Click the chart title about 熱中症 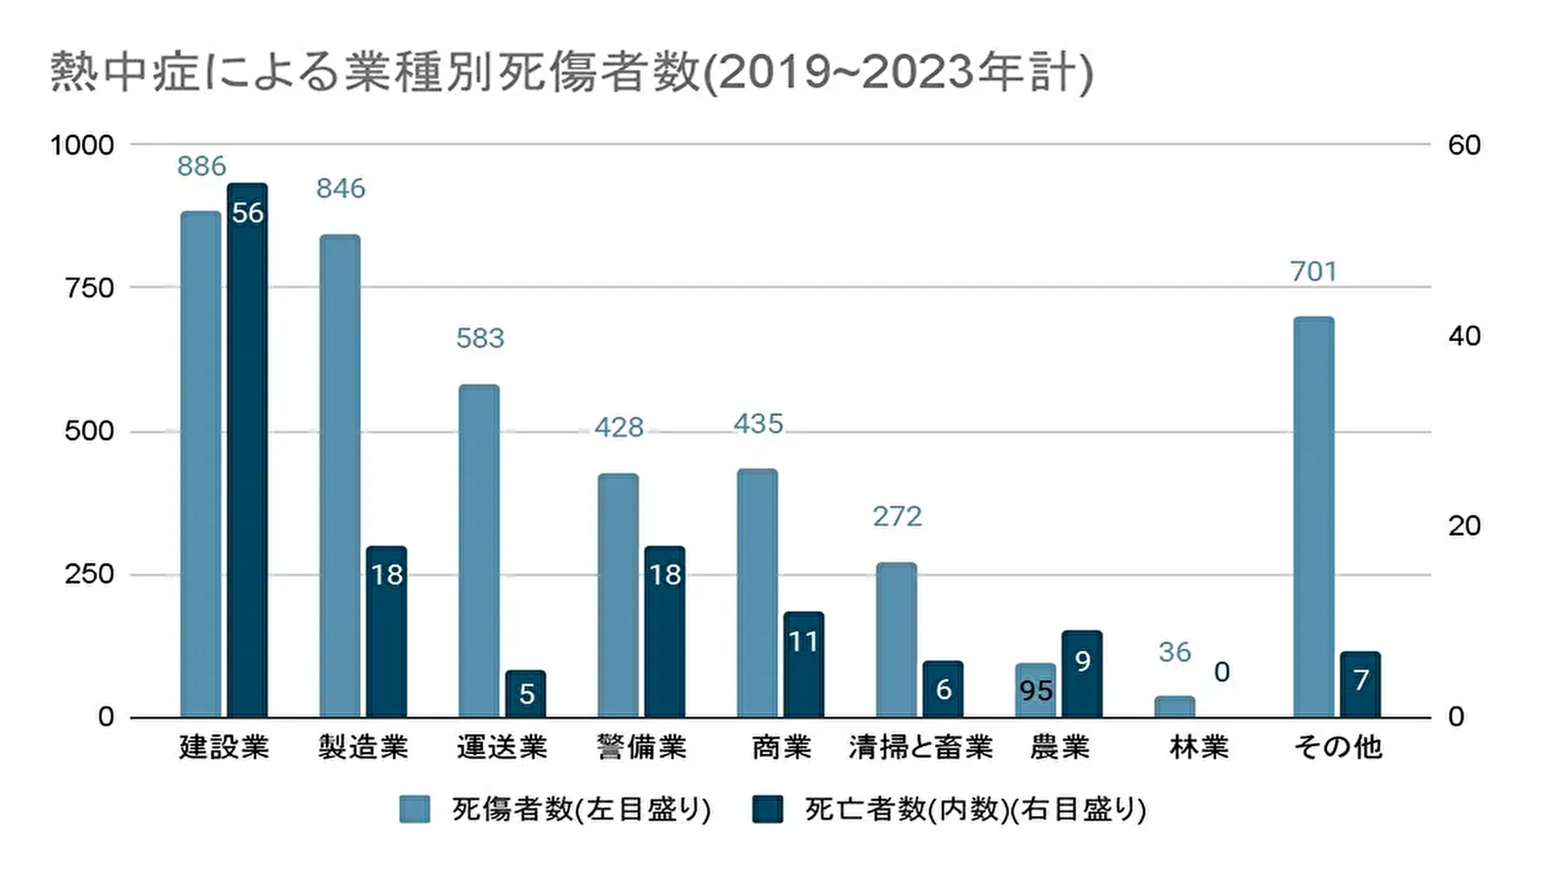[x=572, y=72]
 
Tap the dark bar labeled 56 [x=247, y=451]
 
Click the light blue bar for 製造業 [x=340, y=476]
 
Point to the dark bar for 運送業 [x=526, y=694]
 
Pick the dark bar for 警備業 [x=665, y=632]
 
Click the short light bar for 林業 [x=1175, y=706]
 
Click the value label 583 [x=480, y=339]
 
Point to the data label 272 [x=897, y=517]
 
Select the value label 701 [x=1314, y=272]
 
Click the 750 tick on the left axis [x=89, y=288]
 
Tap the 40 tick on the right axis [x=1464, y=336]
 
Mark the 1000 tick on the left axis [x=82, y=146]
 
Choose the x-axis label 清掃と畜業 [x=921, y=748]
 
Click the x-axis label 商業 [x=781, y=748]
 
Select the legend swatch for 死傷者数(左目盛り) [x=415, y=809]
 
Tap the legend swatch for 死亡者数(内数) [x=767, y=809]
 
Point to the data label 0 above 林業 [x=1222, y=673]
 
